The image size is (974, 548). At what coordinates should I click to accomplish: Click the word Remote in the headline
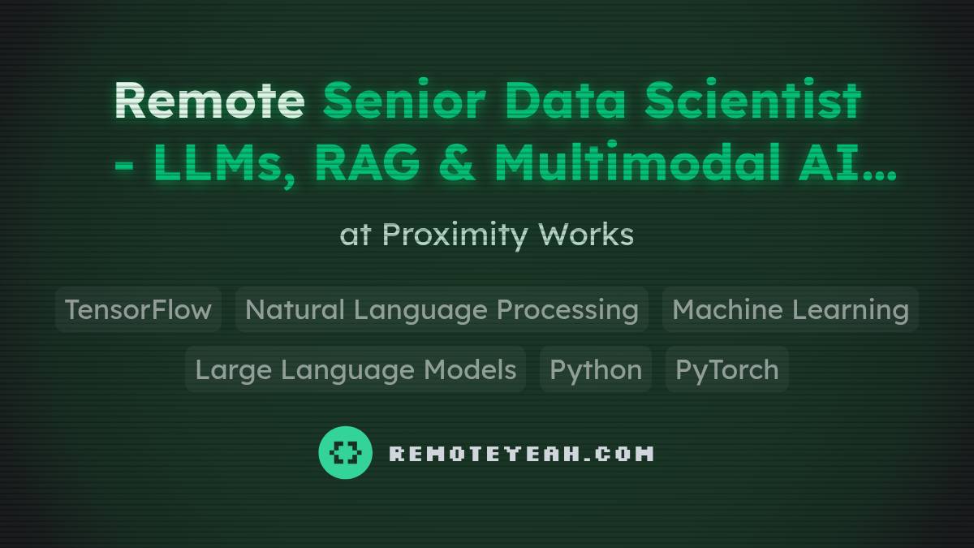[209, 101]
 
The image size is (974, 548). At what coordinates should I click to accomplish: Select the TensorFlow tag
[138, 309]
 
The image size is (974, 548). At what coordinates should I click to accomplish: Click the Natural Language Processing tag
[442, 309]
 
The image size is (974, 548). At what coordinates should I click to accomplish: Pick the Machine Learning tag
[790, 309]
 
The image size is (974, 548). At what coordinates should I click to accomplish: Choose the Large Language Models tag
[356, 369]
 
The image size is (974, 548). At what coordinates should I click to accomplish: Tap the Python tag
[596, 369]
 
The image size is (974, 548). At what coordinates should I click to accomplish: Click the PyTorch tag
[726, 369]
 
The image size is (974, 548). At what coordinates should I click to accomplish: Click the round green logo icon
[345, 452]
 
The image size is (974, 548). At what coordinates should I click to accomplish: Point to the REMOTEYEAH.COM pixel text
[521, 453]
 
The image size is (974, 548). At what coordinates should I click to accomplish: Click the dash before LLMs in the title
[124, 166]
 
